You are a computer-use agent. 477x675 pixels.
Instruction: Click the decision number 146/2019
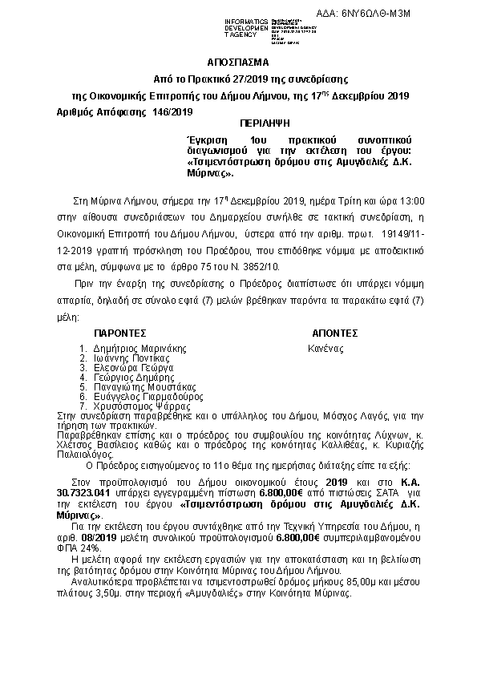click(172, 112)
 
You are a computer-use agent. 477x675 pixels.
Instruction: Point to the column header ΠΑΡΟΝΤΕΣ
click(119, 333)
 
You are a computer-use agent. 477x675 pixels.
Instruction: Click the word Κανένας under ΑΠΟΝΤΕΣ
click(325, 349)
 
